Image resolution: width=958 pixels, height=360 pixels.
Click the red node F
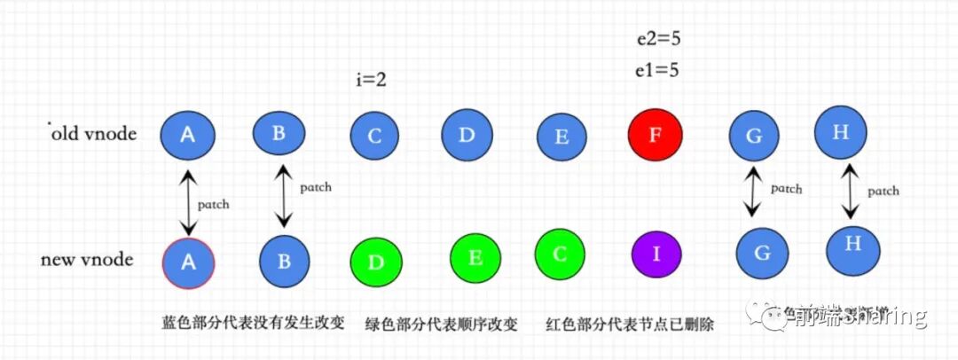(x=656, y=135)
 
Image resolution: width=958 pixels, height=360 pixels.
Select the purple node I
(x=656, y=254)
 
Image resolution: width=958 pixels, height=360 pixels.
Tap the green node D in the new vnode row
(x=376, y=262)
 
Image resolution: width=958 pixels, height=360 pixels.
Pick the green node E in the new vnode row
(x=475, y=257)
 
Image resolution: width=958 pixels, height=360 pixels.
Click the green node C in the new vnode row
(x=560, y=254)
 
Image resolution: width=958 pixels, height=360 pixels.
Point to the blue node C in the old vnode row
(x=374, y=136)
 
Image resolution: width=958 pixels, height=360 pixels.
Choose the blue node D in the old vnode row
(x=467, y=136)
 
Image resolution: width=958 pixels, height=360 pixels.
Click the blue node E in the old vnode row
(x=561, y=137)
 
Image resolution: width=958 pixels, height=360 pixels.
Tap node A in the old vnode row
(x=187, y=135)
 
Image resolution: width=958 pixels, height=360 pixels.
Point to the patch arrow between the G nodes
(x=753, y=192)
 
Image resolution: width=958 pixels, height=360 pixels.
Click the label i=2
(x=370, y=80)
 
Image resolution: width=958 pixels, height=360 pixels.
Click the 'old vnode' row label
(x=95, y=134)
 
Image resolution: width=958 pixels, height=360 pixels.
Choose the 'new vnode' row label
(x=87, y=260)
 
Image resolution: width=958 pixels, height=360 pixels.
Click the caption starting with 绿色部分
(x=441, y=324)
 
